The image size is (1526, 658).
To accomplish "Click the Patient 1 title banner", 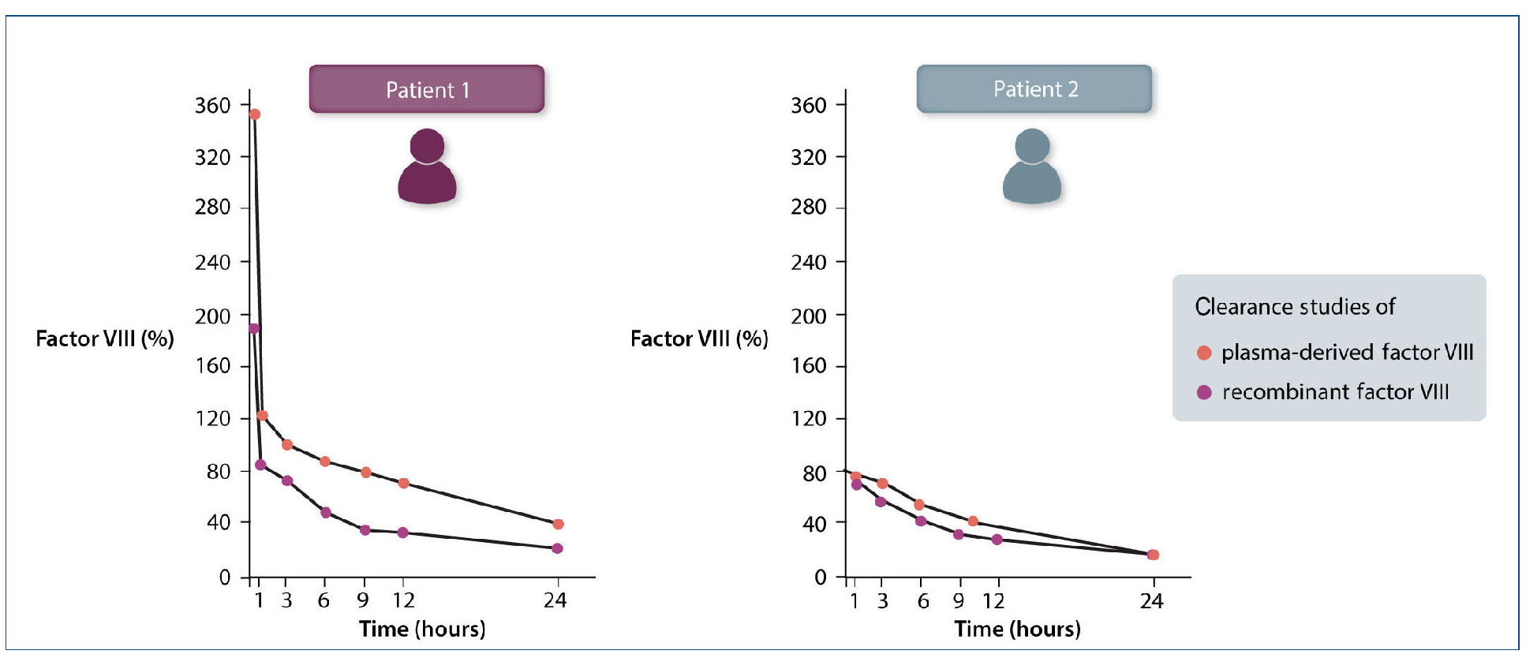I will pos(426,89).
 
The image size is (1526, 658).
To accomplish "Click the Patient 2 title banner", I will pos(1034,89).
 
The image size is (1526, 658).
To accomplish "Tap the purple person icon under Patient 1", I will pos(427,166).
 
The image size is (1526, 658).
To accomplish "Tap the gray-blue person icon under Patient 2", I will pos(1032,166).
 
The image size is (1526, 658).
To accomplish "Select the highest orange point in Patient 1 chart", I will pos(254,114).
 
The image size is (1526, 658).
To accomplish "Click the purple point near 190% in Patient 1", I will pos(253,328).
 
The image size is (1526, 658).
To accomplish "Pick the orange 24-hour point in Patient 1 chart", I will pos(558,524).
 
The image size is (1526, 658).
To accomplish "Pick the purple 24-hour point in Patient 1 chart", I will pos(557,548).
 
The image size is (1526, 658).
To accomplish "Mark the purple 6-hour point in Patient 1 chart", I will pos(325,512).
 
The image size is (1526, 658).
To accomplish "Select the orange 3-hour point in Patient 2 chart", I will pos(882,483).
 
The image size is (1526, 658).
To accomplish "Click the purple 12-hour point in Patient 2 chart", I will pos(997,540).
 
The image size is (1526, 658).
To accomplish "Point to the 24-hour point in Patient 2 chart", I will pos(1153,555).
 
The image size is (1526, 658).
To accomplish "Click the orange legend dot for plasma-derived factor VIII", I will pos(1204,353).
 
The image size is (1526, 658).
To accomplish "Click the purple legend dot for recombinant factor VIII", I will pos(1204,392).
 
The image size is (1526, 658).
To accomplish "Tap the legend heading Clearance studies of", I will pos(1295,306).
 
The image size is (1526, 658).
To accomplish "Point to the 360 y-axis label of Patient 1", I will pos(212,105).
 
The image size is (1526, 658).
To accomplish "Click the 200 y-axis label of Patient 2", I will pos(809,316).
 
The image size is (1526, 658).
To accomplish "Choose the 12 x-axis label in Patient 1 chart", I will pos(403,600).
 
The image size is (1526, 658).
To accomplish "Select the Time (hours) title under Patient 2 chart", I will pos(1017,629).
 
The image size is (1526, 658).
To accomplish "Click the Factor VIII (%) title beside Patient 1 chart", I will pos(105,338).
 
